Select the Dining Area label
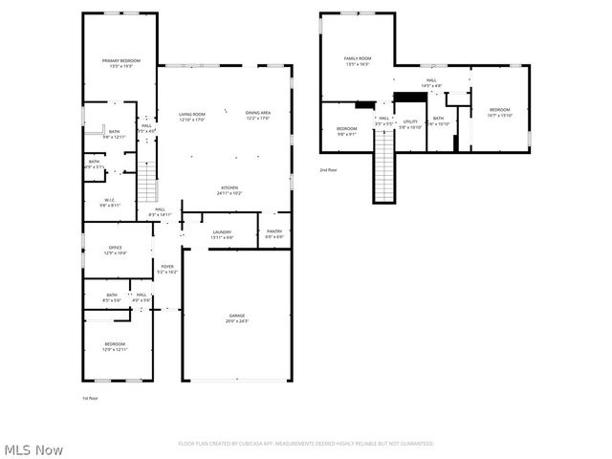pyautogui.click(x=258, y=116)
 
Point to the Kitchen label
pyautogui.click(x=229, y=190)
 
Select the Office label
pyautogui.click(x=115, y=251)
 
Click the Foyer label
pyautogui.click(x=167, y=270)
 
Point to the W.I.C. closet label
pyautogui.click(x=110, y=203)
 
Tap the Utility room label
pyautogui.click(x=410, y=124)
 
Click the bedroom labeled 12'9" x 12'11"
pyautogui.click(x=115, y=346)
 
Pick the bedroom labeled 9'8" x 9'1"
pyautogui.click(x=346, y=131)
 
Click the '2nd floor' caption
pyautogui.click(x=329, y=170)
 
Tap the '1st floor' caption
pyautogui.click(x=90, y=397)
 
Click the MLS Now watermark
pyautogui.click(x=33, y=449)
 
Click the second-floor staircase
pyautogui.click(x=383, y=167)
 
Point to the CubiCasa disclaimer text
pyautogui.click(x=306, y=444)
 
